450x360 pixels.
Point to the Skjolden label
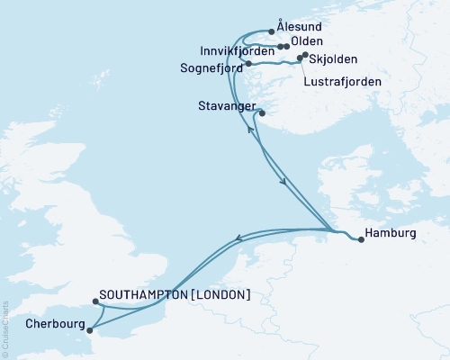(x=335, y=59)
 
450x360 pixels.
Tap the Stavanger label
(x=224, y=106)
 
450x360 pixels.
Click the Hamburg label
(x=392, y=233)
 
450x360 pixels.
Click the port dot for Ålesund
(x=272, y=30)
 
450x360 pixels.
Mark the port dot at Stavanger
(x=262, y=113)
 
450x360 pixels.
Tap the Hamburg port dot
(x=361, y=239)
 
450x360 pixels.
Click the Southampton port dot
(x=94, y=303)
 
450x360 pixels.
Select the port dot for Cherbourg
(x=88, y=329)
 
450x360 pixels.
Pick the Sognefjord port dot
(x=247, y=64)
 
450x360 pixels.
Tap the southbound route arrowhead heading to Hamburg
(x=285, y=184)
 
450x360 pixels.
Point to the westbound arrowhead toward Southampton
(x=237, y=238)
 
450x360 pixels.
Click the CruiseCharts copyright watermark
(x=4, y=328)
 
